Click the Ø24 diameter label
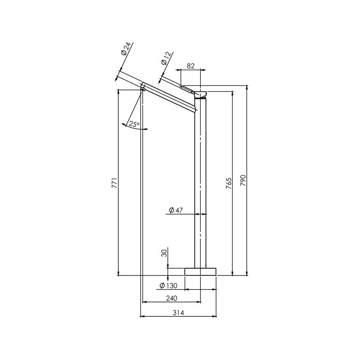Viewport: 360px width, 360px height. (x=126, y=49)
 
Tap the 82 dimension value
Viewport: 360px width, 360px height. (x=191, y=66)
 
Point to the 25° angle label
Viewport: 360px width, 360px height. (x=134, y=124)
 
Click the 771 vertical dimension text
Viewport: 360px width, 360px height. (x=115, y=183)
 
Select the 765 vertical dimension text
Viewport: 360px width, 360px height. (x=229, y=183)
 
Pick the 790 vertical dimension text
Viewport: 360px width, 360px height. (x=244, y=183)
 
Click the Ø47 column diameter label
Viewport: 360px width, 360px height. (x=176, y=210)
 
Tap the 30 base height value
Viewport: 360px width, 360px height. (x=164, y=253)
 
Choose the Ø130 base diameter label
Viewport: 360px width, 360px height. (x=169, y=286)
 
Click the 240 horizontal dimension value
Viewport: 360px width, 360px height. (x=171, y=298)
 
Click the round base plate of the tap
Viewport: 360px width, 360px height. (x=201, y=271)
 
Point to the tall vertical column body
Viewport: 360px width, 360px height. (x=201, y=180)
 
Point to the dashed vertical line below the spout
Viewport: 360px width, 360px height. (x=142, y=202)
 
